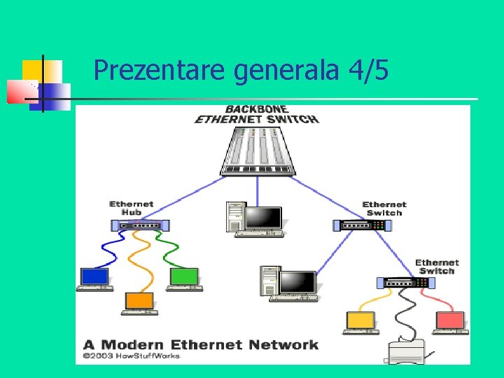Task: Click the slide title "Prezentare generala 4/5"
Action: coord(241,70)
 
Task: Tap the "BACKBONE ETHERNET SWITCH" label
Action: coord(256,114)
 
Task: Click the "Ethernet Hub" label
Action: coord(131,208)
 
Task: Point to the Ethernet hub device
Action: coord(140,225)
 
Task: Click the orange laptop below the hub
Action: coord(139,302)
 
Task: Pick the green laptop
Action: coord(184,278)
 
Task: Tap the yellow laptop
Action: coord(361,322)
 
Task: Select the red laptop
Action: coord(451,322)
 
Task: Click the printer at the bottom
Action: coord(407,351)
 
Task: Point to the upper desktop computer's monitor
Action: coord(263,219)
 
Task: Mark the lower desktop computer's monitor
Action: coord(297,283)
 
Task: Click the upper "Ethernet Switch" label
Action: coord(384,208)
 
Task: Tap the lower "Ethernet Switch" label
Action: coord(437,267)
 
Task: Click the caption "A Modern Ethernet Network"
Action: coord(201,344)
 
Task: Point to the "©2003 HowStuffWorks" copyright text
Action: coord(131,356)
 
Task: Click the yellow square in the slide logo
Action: coord(32,70)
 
